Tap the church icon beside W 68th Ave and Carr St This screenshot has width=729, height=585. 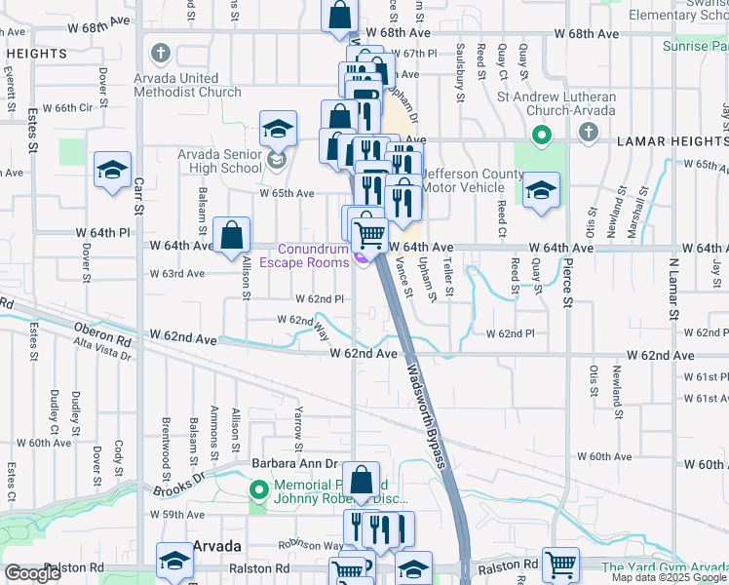tap(160, 53)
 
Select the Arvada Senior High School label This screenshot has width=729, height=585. tap(220, 161)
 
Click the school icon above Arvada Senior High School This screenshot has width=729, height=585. tap(278, 128)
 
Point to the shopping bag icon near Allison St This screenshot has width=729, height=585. tap(231, 235)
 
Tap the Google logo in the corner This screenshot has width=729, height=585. tap(32, 573)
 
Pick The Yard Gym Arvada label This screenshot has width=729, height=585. tap(665, 567)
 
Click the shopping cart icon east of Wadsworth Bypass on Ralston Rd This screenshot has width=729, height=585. tap(560, 564)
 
